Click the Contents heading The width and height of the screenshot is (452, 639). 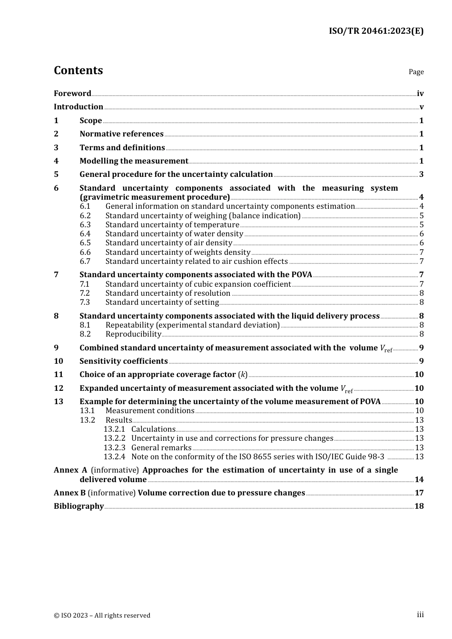click(78, 70)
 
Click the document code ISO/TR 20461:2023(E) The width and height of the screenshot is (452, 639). click(376, 31)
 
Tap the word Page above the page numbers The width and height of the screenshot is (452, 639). click(416, 72)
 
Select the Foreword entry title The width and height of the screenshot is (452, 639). click(72, 94)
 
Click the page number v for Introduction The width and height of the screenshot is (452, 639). click(421, 107)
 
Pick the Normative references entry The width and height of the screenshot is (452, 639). click(121, 134)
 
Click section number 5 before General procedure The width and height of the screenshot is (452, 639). click(56, 174)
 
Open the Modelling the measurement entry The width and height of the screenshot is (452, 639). click(134, 161)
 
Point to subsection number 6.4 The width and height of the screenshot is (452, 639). click(85, 234)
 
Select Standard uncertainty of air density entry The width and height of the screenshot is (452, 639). click(168, 243)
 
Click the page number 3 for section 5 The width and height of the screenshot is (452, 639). click(421, 174)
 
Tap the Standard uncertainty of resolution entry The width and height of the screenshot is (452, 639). click(167, 293)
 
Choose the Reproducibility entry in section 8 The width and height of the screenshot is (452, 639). click(133, 334)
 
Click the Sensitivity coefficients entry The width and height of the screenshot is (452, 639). click(123, 361)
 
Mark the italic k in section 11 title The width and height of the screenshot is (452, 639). click(243, 375)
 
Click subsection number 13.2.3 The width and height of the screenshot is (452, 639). click(114, 448)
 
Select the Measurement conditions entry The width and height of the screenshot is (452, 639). click(150, 411)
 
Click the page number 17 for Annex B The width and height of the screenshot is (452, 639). click(419, 493)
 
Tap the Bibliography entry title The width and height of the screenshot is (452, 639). click(79, 506)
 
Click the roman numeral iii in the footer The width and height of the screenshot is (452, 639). click(420, 615)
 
